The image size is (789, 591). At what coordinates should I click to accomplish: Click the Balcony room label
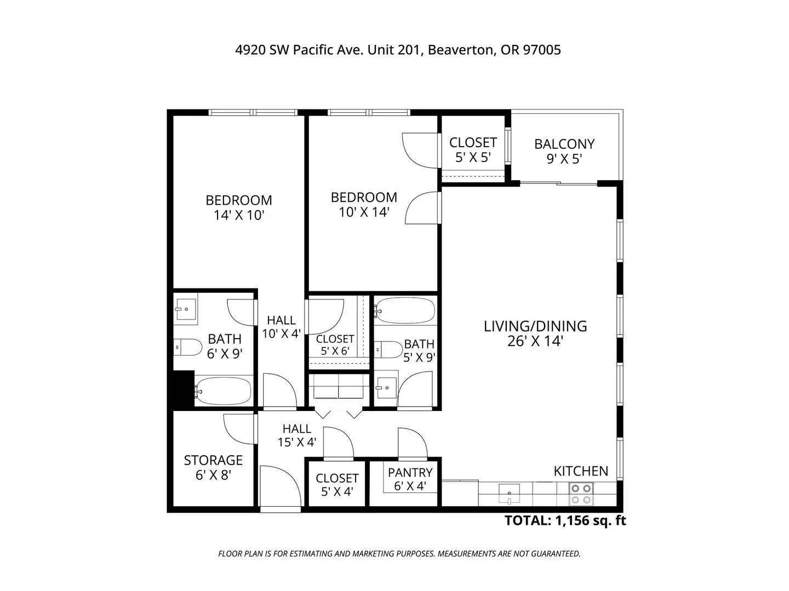coord(564,151)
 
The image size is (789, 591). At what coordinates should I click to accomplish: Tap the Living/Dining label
coord(535,333)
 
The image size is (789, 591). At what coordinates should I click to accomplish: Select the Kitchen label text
coord(580,471)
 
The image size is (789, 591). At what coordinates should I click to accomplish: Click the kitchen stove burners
coord(581,494)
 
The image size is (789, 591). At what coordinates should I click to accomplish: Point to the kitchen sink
coord(509,494)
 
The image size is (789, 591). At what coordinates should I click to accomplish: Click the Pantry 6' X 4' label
coord(410,479)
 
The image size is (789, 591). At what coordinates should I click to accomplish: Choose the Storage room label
coord(213,467)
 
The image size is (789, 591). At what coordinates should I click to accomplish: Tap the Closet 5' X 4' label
coord(337,484)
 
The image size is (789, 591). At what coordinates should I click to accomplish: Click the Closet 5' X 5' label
coord(473,149)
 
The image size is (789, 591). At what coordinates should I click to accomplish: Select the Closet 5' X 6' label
coord(335,345)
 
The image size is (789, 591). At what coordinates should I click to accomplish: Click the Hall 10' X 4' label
coord(281,327)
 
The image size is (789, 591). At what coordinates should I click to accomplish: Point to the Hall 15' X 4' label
coord(296,435)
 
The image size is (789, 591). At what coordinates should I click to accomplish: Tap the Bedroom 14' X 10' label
coord(239,207)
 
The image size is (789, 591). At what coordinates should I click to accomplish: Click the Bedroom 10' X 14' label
coord(364,205)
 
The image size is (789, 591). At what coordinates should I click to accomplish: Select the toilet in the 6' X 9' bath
coord(187,347)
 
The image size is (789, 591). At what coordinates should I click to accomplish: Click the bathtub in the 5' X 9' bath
coord(405,310)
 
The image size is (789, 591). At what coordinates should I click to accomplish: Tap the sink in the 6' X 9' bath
coord(186,309)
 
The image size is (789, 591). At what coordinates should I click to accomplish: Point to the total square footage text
coord(565,520)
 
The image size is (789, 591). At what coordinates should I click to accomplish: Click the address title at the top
coord(398,50)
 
